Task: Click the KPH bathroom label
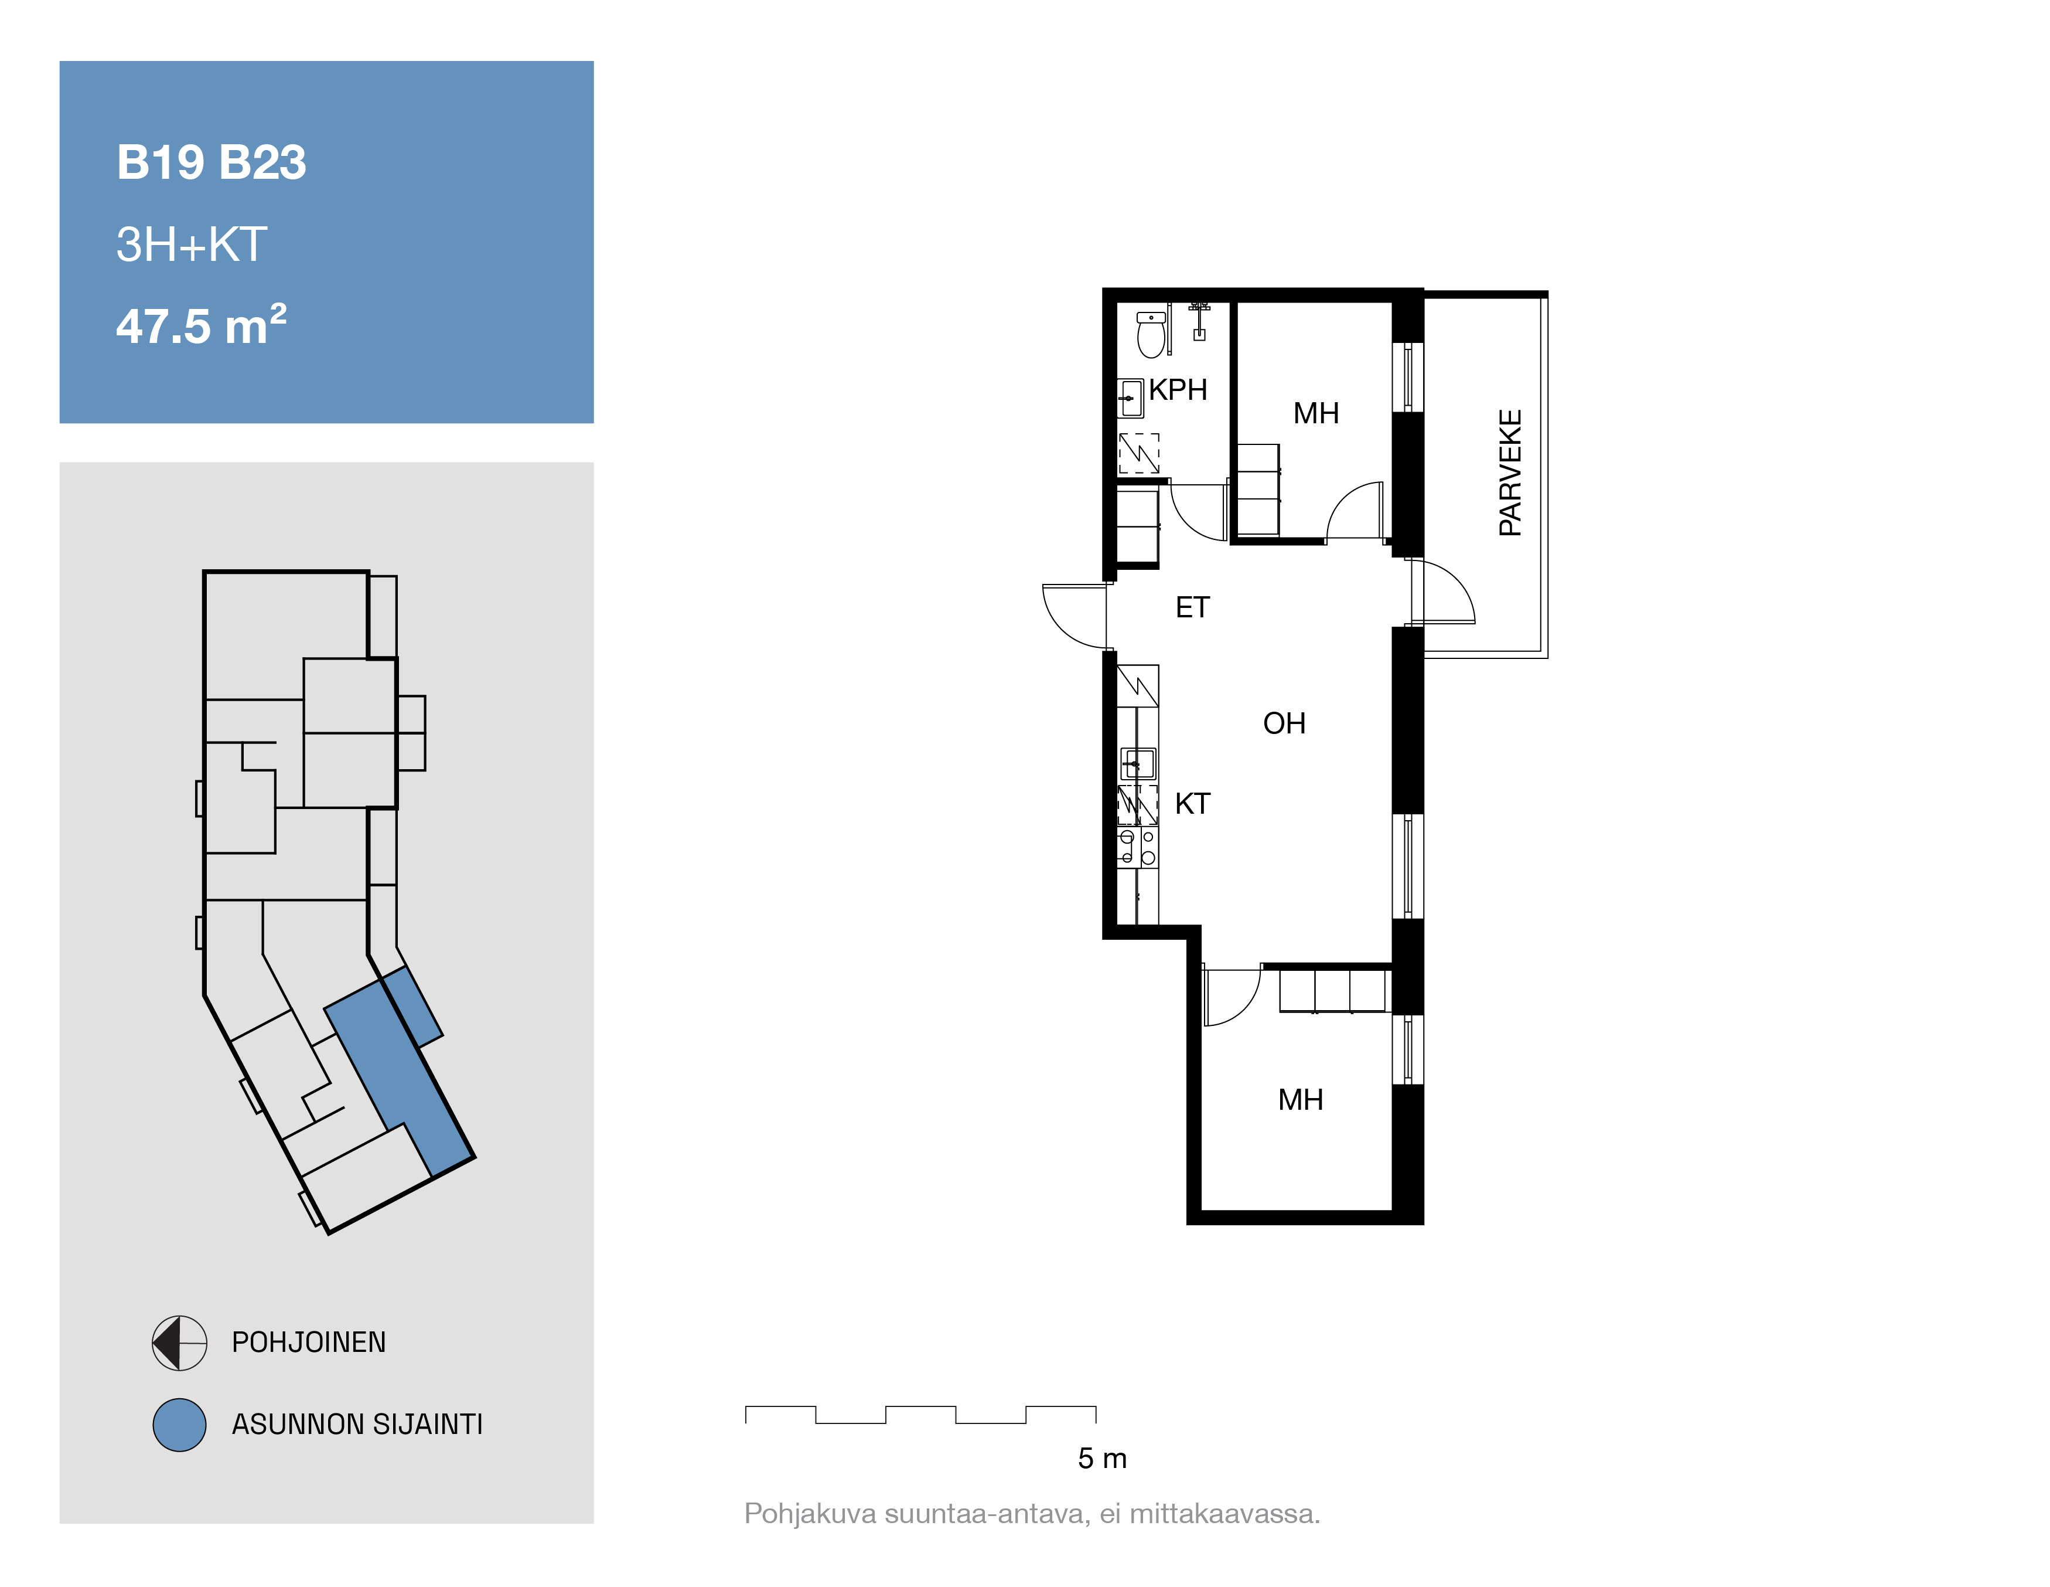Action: coord(1178,390)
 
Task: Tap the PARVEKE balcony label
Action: coord(1510,473)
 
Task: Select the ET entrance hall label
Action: coord(1192,607)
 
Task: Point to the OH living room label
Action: coord(1284,723)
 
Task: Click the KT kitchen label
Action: coord(1192,804)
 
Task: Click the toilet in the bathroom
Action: coord(1151,334)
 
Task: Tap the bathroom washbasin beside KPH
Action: coord(1130,398)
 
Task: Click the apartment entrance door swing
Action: coord(1075,616)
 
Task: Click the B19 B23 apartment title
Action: coord(211,162)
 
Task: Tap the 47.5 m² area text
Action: coord(201,325)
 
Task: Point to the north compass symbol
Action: coord(179,1343)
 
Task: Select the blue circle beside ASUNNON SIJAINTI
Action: coord(179,1425)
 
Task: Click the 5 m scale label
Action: coord(1102,1459)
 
